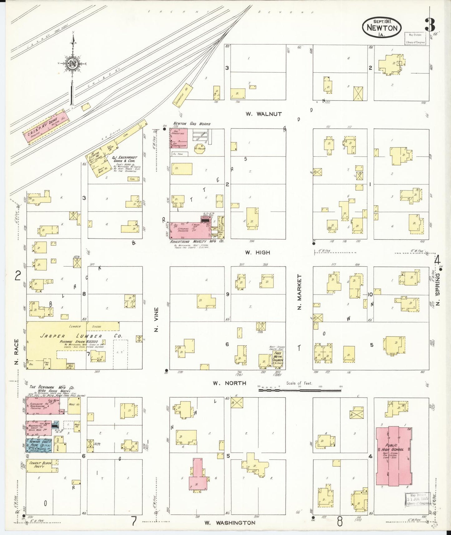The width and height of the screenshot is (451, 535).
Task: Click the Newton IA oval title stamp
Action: click(x=382, y=27)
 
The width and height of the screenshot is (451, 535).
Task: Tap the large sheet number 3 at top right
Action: click(x=430, y=25)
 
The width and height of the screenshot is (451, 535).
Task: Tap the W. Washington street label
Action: click(x=230, y=523)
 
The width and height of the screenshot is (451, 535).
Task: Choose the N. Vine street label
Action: click(x=156, y=320)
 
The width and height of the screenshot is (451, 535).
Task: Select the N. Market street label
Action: click(x=299, y=292)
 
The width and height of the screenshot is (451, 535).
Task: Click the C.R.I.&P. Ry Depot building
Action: click(x=46, y=127)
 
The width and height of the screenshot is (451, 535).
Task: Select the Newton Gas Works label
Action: click(x=192, y=124)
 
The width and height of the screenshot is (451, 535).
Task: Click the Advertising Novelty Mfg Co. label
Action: click(x=197, y=242)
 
